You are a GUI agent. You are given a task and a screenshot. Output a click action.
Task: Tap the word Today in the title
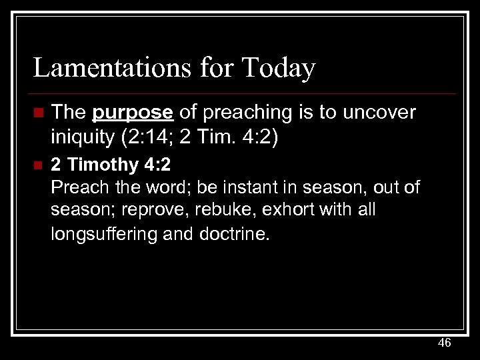point(279,68)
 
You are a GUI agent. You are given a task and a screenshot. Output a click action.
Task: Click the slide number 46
point(444,343)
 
